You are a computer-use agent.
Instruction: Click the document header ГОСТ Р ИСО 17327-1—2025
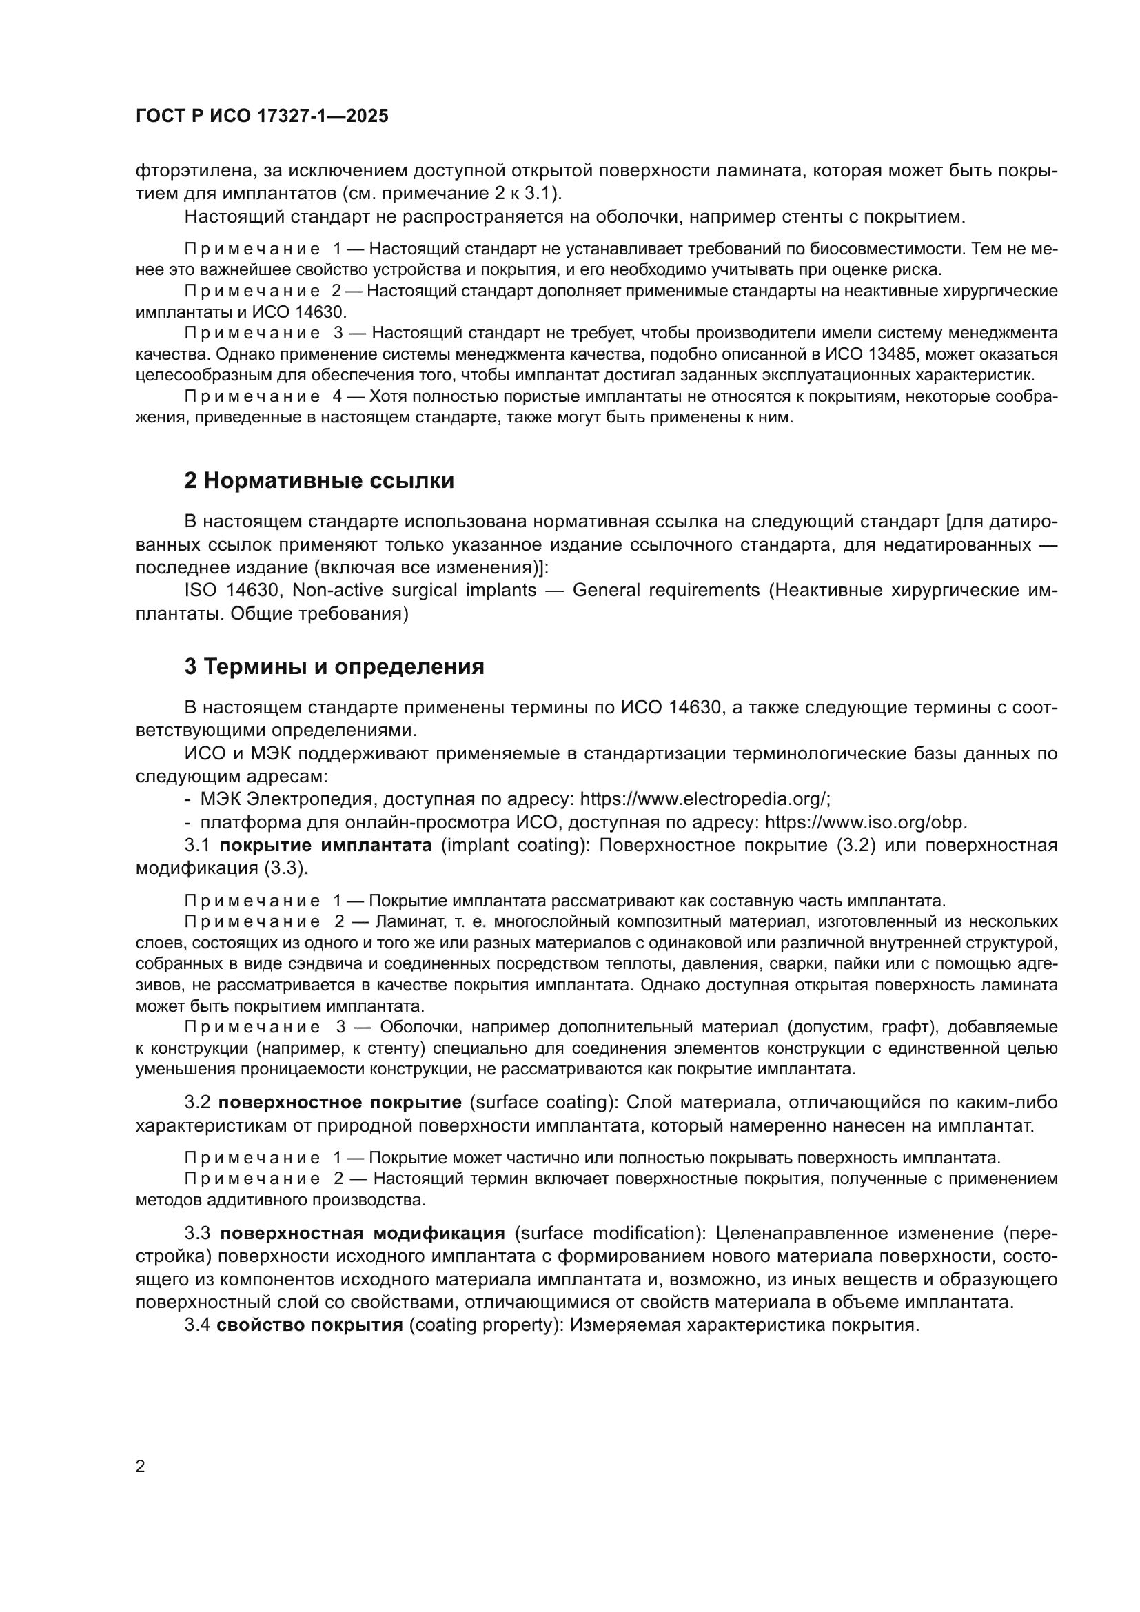[262, 116]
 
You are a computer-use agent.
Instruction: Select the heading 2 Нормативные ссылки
[318, 480]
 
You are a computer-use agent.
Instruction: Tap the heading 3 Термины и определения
[334, 666]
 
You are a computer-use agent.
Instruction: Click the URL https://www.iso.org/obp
[866, 822]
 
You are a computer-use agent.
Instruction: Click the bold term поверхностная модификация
[363, 1233]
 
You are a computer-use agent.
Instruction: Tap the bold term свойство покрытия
[309, 1325]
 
